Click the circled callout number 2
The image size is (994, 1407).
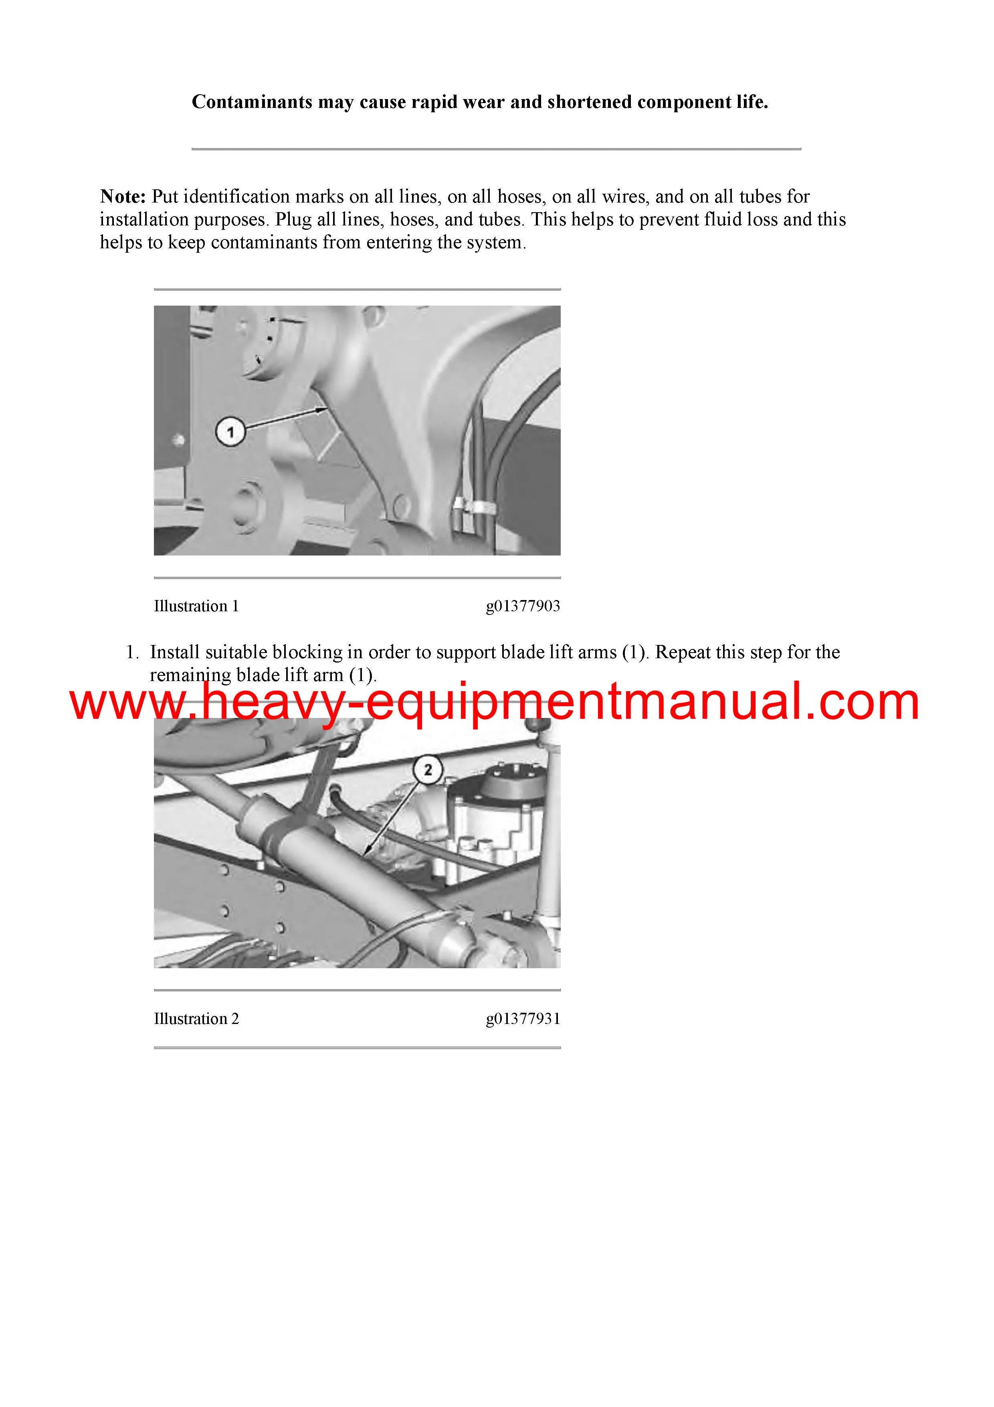point(428,770)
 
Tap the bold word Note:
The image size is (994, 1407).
point(123,197)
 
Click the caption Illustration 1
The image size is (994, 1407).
point(196,606)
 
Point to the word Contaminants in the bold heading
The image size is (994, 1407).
point(253,102)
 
